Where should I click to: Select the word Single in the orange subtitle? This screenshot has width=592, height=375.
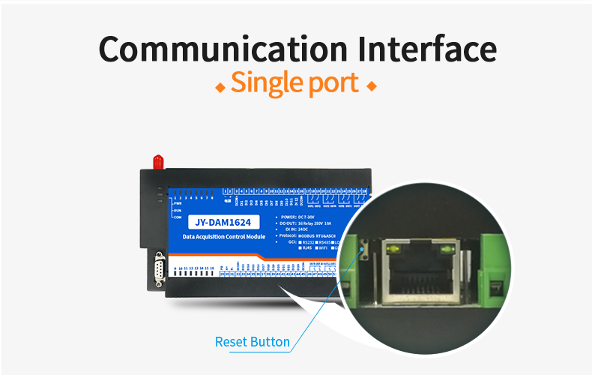tap(265, 83)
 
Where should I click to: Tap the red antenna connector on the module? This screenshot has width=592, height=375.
tap(157, 161)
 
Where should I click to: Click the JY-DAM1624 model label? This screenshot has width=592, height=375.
tap(223, 222)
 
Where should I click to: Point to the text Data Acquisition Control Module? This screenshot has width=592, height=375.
tap(224, 237)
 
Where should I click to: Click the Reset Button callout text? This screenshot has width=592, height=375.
tap(252, 342)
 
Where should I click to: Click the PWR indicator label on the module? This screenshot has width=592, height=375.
tap(178, 203)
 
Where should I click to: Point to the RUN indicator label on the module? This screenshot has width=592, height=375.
tap(178, 210)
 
